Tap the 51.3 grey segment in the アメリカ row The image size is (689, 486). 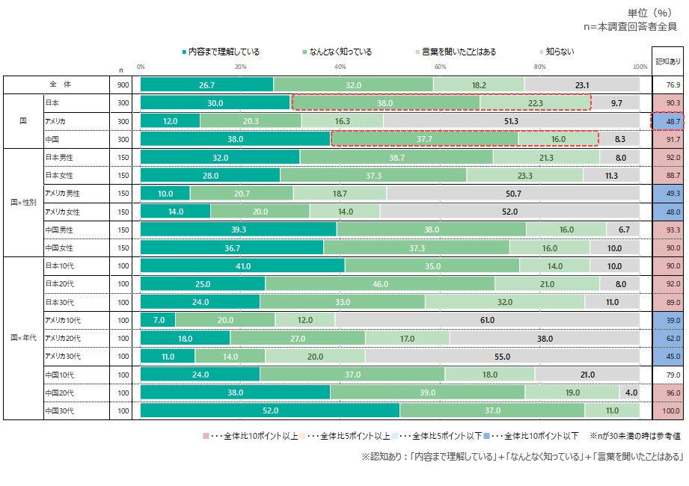pyautogui.click(x=512, y=121)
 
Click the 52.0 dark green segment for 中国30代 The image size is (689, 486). pyautogui.click(x=270, y=410)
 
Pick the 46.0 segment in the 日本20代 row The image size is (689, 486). pyautogui.click(x=380, y=284)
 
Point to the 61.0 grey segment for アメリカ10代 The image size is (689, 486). pyautogui.click(x=487, y=320)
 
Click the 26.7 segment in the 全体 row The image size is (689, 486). pyautogui.click(x=207, y=85)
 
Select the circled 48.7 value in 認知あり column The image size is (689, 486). pyautogui.click(x=668, y=121)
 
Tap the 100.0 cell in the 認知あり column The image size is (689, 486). pyautogui.click(x=668, y=410)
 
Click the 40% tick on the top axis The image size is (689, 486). pyautogui.click(x=340, y=67)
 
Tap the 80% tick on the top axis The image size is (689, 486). pyautogui.click(x=540, y=67)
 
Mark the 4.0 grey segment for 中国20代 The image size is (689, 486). pyautogui.click(x=630, y=393)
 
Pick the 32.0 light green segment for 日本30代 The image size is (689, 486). pyautogui.click(x=505, y=302)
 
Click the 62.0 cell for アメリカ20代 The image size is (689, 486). pyautogui.click(x=668, y=338)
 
